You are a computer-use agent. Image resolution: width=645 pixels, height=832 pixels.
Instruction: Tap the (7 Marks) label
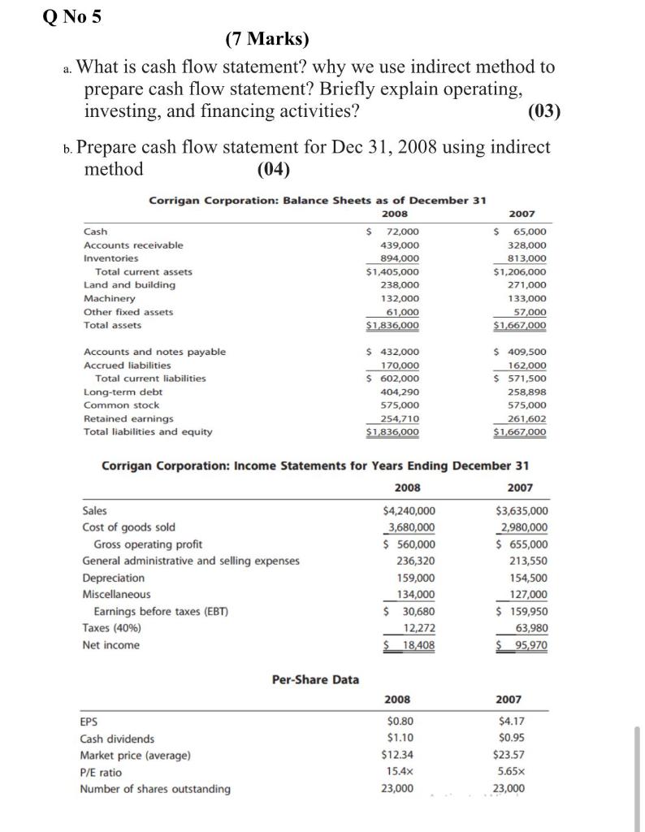tap(266, 39)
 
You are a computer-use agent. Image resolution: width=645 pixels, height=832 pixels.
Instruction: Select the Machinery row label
tap(106, 298)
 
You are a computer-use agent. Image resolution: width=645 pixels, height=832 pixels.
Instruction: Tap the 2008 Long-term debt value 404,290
tap(400, 392)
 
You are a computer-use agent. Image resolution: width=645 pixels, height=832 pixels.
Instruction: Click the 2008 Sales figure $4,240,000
tap(409, 511)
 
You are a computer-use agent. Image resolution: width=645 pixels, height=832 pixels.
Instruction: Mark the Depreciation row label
tap(114, 578)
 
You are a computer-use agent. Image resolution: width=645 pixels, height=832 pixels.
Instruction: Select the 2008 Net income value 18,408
tap(413, 645)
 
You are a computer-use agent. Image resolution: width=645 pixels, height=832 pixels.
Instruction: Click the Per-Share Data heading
tap(315, 679)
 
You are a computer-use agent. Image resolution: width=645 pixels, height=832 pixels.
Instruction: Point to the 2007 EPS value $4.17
tap(509, 721)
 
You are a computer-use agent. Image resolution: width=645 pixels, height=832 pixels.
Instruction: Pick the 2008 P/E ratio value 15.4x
tap(397, 772)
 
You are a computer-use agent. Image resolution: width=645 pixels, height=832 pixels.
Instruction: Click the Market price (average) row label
tap(136, 756)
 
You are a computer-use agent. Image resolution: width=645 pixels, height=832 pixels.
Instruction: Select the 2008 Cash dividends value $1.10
tap(396, 739)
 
